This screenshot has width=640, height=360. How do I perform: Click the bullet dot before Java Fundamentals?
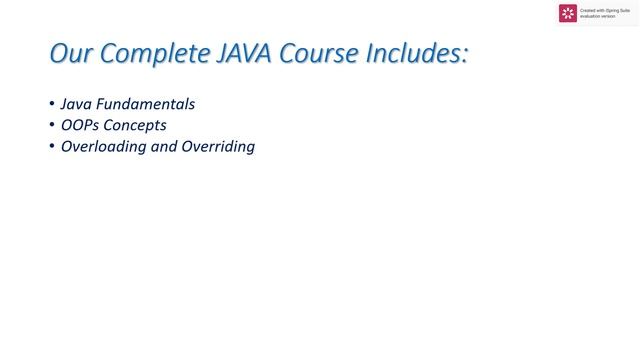(x=52, y=104)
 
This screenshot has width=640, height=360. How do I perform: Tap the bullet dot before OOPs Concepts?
(x=52, y=126)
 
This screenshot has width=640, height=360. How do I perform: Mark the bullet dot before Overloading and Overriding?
(x=52, y=147)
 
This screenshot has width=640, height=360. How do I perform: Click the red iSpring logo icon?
(x=568, y=13)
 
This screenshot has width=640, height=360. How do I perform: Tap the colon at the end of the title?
(x=464, y=56)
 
